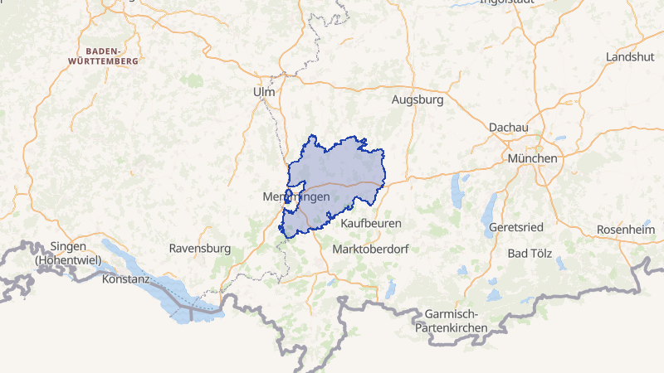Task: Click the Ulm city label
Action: [x=264, y=92]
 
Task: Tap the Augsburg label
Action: [x=417, y=99]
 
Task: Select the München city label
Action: [x=534, y=157]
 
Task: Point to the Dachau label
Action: [x=509, y=127]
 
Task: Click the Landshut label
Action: [x=630, y=56]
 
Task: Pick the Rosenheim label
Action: [x=625, y=230]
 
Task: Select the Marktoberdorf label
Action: [x=370, y=249]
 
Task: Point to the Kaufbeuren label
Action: [x=371, y=223]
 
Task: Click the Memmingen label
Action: [x=295, y=197]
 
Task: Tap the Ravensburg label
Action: [x=199, y=248]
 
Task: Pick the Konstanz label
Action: [x=125, y=279]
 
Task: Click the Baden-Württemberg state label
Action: [x=105, y=56]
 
